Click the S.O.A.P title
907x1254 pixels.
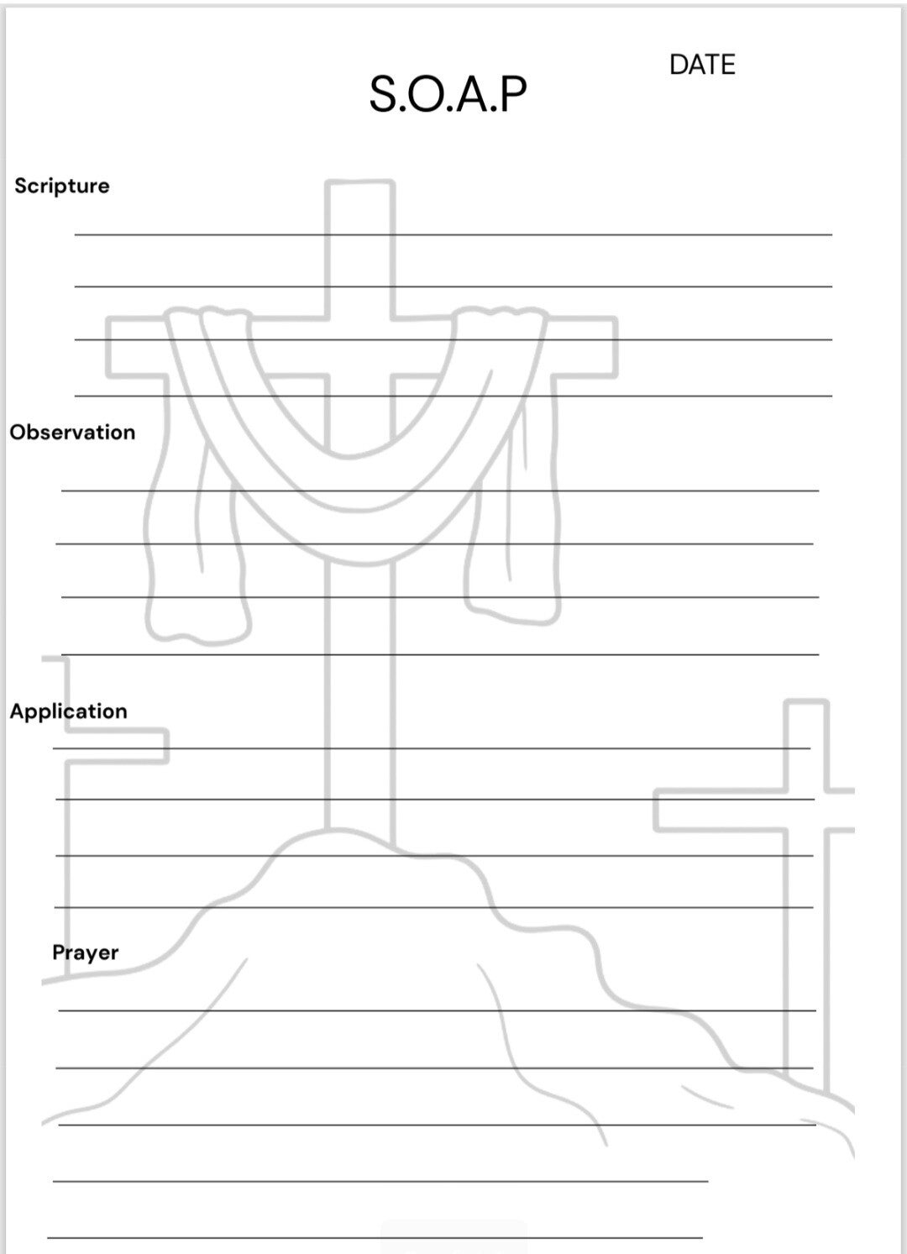448,93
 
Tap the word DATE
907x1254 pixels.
702,65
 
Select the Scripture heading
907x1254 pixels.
62,186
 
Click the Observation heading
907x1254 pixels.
72,432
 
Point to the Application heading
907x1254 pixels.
69,711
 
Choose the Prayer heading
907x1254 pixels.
85,952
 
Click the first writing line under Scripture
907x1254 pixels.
453,234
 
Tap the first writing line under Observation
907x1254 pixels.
440,491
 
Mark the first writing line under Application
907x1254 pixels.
432,748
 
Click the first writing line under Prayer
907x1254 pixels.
437,1010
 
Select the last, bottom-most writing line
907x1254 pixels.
375,1237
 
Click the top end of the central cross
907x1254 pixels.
359,185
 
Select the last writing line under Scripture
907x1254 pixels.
453,396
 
